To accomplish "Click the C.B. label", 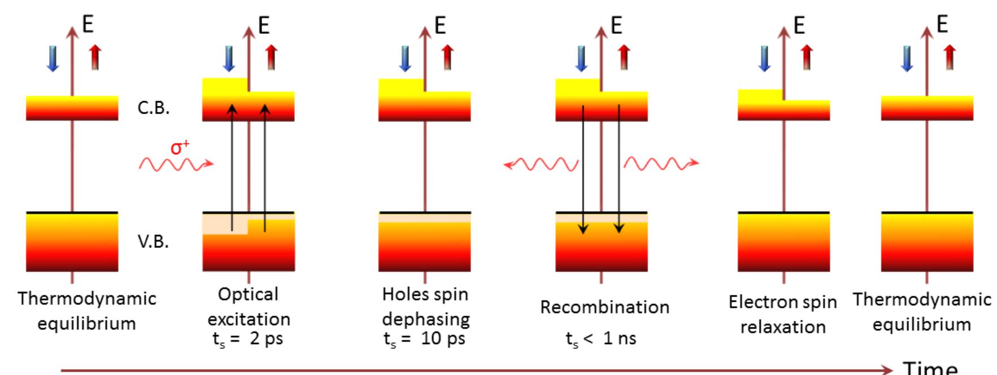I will point(153,108).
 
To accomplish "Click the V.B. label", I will point(153,242).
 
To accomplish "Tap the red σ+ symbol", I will point(180,148).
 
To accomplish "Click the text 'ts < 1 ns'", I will point(601,339).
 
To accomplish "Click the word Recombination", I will point(604,307).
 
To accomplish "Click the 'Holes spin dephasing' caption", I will point(425,307).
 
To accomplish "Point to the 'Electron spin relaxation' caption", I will point(783,314).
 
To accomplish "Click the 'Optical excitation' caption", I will point(249,307).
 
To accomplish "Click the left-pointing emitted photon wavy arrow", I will point(540,164).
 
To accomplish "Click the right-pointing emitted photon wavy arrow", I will point(661,164).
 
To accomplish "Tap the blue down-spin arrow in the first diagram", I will point(53,58).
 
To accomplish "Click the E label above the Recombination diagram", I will point(616,25).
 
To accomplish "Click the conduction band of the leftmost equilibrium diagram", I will point(72,108).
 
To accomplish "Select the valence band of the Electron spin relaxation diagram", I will point(783,242).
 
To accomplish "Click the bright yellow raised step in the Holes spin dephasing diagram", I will point(401,85).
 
